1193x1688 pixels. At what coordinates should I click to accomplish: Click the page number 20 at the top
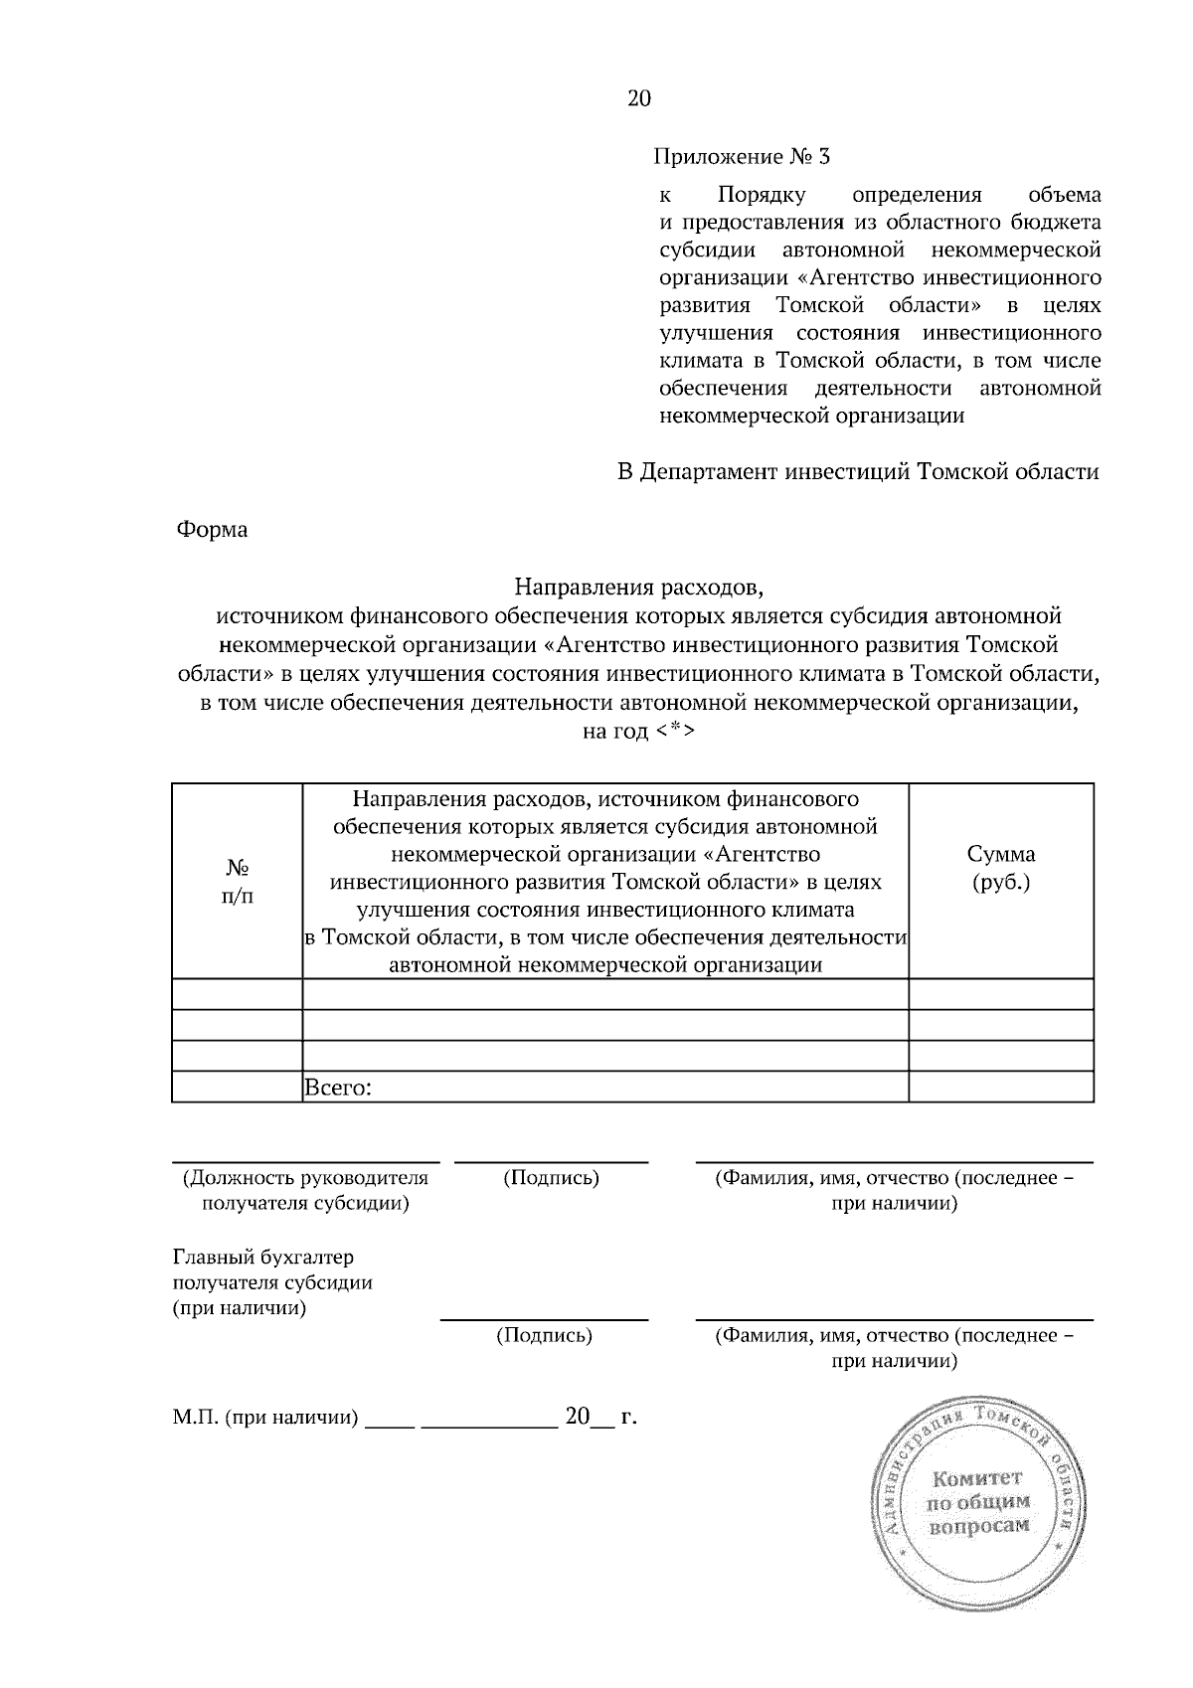[x=638, y=97]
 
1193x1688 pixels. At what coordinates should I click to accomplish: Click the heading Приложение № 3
[x=741, y=157]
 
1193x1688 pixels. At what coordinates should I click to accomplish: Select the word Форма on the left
[x=212, y=530]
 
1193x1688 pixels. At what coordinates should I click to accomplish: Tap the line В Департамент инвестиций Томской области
[x=858, y=472]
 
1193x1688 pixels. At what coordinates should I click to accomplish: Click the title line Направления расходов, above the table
[x=637, y=588]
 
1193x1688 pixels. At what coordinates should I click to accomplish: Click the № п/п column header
[x=237, y=880]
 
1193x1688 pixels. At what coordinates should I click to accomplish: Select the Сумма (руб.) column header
[x=1000, y=867]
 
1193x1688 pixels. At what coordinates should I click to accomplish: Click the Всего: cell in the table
[x=338, y=1088]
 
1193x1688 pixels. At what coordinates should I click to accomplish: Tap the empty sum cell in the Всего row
[x=1000, y=1088]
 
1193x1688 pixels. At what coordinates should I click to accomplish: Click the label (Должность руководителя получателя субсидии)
[x=305, y=1191]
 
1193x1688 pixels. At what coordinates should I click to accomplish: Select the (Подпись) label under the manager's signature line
[x=551, y=1179]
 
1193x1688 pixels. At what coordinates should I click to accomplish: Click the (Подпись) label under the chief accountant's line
[x=544, y=1336]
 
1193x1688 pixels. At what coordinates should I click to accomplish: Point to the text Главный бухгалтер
[x=262, y=1259]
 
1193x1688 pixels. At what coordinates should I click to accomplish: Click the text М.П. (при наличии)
[x=264, y=1418]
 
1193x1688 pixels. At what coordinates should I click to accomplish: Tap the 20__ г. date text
[x=600, y=1417]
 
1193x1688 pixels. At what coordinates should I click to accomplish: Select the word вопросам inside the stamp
[x=978, y=1526]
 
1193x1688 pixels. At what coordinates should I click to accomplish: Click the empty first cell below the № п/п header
[x=237, y=994]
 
